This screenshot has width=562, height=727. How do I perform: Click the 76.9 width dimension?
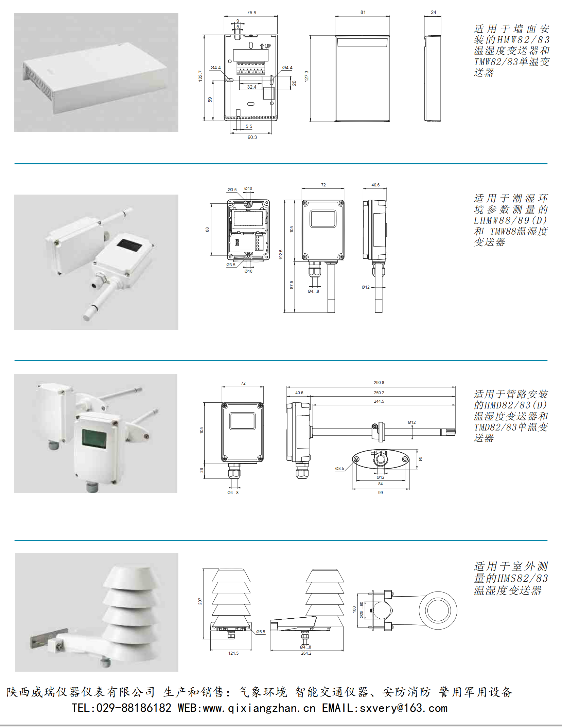[251, 13]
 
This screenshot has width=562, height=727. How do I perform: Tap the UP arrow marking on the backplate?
[265, 46]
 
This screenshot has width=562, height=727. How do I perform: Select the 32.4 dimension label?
[251, 87]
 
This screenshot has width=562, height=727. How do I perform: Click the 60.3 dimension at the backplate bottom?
[252, 137]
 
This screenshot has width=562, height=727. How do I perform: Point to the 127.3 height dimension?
[306, 76]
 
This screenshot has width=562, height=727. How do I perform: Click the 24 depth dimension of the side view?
[433, 12]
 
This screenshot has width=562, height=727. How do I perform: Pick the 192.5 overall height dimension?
[281, 255]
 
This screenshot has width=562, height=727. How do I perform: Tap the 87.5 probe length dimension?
[292, 285]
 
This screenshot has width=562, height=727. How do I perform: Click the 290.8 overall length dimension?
[379, 382]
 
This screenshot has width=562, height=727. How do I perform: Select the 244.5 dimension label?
[379, 401]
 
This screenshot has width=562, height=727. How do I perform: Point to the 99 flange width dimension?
[380, 492]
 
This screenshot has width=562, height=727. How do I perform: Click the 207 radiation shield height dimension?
[200, 601]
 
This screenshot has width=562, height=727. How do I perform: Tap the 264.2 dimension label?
[306, 653]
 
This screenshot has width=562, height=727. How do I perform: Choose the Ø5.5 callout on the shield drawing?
[261, 632]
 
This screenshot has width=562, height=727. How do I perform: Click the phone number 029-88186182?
[134, 708]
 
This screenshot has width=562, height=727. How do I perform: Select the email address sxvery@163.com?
[403, 708]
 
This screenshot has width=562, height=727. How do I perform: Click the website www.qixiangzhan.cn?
[259, 708]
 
